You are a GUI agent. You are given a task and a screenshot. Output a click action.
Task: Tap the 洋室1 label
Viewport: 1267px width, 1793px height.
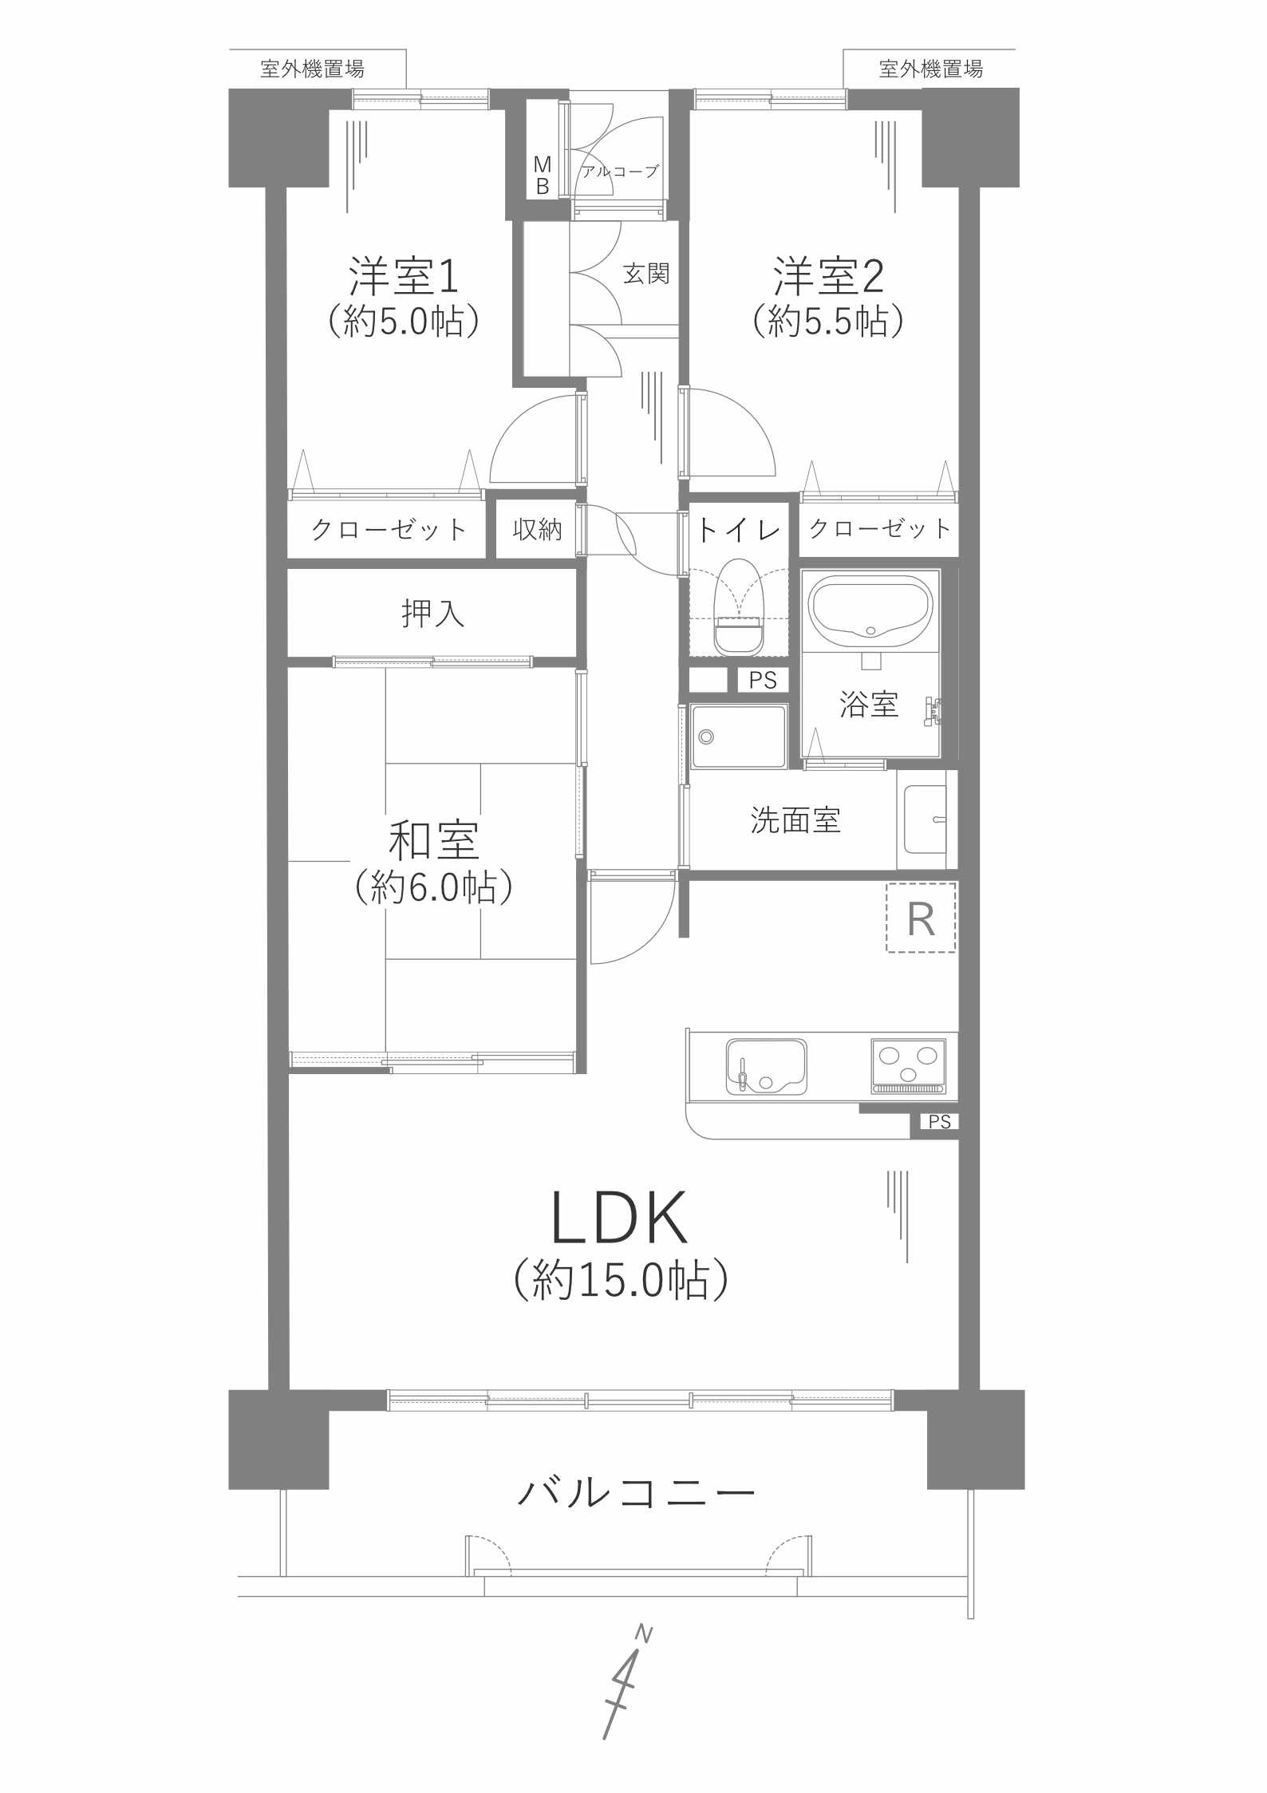pos(404,275)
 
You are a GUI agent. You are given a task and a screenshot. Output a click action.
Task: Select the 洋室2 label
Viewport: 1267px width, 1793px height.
pos(828,275)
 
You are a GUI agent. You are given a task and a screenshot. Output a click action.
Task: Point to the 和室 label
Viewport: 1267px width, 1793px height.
pos(433,840)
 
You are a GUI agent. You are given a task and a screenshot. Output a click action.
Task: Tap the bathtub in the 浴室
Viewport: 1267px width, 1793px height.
pos(870,610)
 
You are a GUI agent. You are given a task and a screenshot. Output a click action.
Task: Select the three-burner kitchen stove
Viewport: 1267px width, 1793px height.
pos(908,1065)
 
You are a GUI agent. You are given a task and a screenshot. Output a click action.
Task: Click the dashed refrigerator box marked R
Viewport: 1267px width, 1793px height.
pos(921,918)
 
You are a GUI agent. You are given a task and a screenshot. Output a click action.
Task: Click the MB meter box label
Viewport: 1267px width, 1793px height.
pos(543,176)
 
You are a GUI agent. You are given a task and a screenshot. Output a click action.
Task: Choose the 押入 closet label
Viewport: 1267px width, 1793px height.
pos(432,613)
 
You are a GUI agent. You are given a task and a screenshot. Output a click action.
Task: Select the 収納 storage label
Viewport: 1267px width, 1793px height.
pos(537,528)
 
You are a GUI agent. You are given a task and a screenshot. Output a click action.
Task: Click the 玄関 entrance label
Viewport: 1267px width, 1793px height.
pos(645,274)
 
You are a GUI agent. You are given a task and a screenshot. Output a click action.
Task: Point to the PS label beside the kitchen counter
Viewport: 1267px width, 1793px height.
pos(940,1122)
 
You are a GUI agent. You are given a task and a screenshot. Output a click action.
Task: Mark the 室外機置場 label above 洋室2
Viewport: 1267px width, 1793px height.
pos(930,69)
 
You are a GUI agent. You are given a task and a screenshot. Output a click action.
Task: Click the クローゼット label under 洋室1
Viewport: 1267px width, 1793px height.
pos(388,529)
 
